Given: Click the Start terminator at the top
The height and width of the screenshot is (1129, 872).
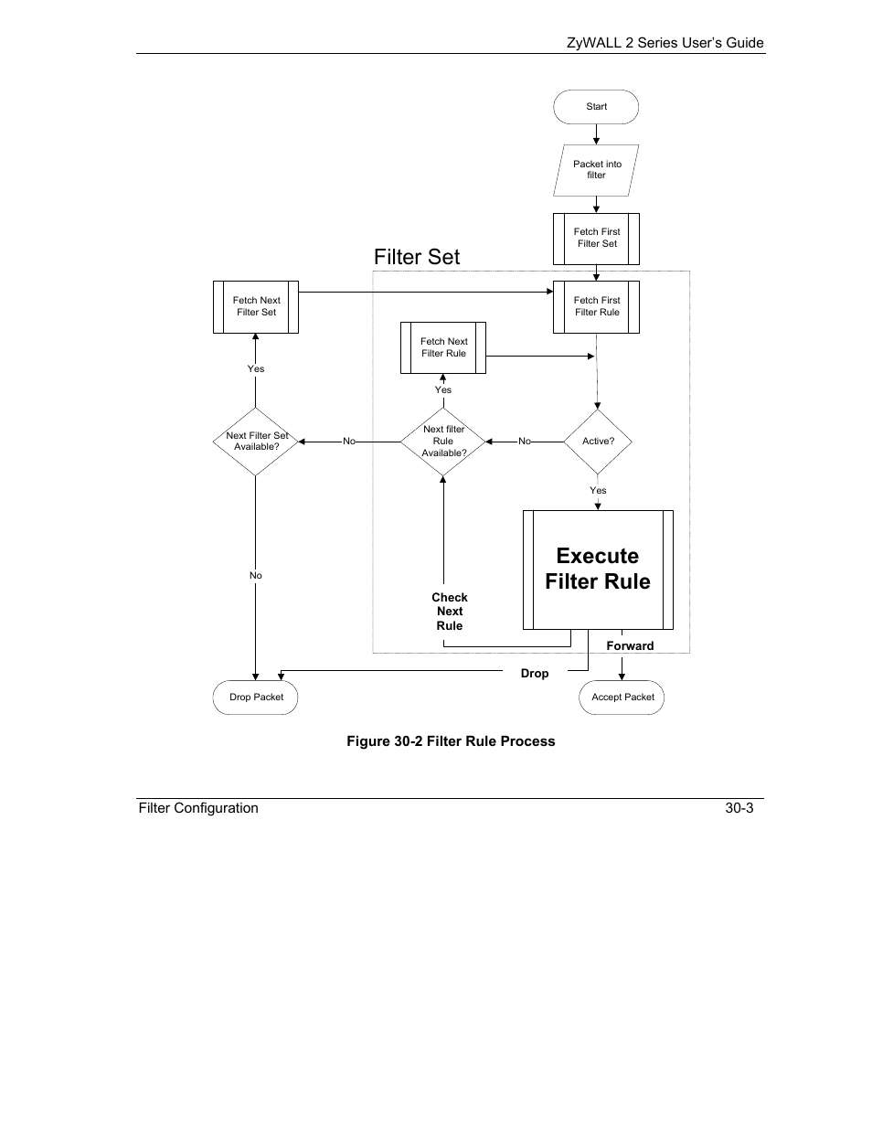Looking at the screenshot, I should click(x=596, y=107).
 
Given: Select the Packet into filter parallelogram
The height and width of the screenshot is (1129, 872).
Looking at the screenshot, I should click(x=596, y=170).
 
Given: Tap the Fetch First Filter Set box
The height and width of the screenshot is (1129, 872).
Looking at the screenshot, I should click(x=596, y=239).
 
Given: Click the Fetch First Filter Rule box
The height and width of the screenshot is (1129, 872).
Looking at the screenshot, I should click(x=596, y=307).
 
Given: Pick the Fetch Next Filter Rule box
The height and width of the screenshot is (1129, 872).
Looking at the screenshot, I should click(x=443, y=347).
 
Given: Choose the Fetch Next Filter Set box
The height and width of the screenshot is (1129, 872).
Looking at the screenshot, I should click(x=256, y=307).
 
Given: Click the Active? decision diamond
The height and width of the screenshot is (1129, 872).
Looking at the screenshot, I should click(x=598, y=442).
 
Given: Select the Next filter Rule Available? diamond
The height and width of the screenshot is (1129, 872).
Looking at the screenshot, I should click(x=443, y=442).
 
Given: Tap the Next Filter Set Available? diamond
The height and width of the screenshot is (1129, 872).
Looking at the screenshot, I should click(x=256, y=442).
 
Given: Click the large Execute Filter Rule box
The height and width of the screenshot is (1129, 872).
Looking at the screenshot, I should click(x=598, y=570).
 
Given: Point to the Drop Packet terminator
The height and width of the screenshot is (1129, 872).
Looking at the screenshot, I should click(x=256, y=698).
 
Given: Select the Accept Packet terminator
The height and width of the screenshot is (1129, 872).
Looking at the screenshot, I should click(x=622, y=698).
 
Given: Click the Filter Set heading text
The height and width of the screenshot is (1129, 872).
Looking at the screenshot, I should click(x=417, y=257).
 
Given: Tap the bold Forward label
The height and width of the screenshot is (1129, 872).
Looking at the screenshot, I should click(x=630, y=646).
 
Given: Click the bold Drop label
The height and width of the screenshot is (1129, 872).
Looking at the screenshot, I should click(x=535, y=674).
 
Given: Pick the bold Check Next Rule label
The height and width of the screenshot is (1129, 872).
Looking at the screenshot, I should click(x=449, y=612).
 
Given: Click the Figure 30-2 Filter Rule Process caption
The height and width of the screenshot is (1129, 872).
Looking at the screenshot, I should click(x=451, y=741).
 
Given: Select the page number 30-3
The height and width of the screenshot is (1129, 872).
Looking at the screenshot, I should click(x=739, y=808).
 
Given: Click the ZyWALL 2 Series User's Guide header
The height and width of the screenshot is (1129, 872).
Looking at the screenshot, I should click(x=665, y=43).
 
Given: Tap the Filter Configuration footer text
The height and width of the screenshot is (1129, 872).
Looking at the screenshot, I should click(x=198, y=808).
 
